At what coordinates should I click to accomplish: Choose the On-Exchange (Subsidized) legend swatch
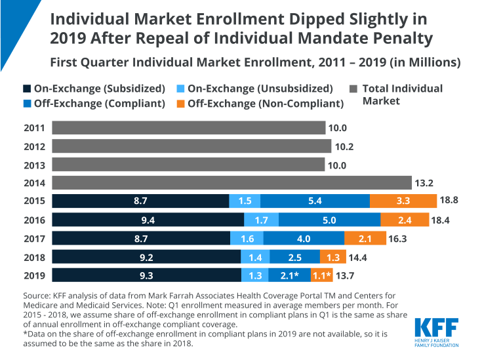click(26, 89)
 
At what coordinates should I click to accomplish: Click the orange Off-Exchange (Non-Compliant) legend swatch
click(180, 103)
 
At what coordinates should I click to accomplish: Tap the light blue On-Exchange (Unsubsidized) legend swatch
click(180, 89)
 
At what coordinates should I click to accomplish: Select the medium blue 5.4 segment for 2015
click(315, 200)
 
